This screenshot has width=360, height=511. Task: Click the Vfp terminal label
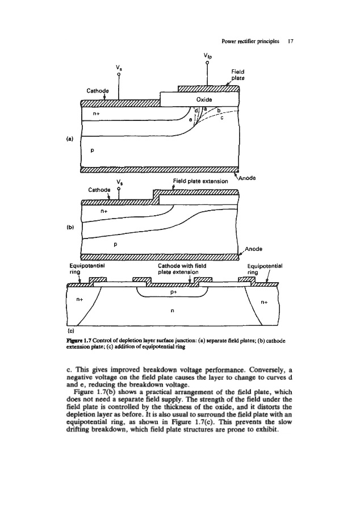coord(209,56)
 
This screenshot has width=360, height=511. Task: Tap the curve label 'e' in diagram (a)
coord(190,119)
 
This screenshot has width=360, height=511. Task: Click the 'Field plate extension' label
coord(201,181)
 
